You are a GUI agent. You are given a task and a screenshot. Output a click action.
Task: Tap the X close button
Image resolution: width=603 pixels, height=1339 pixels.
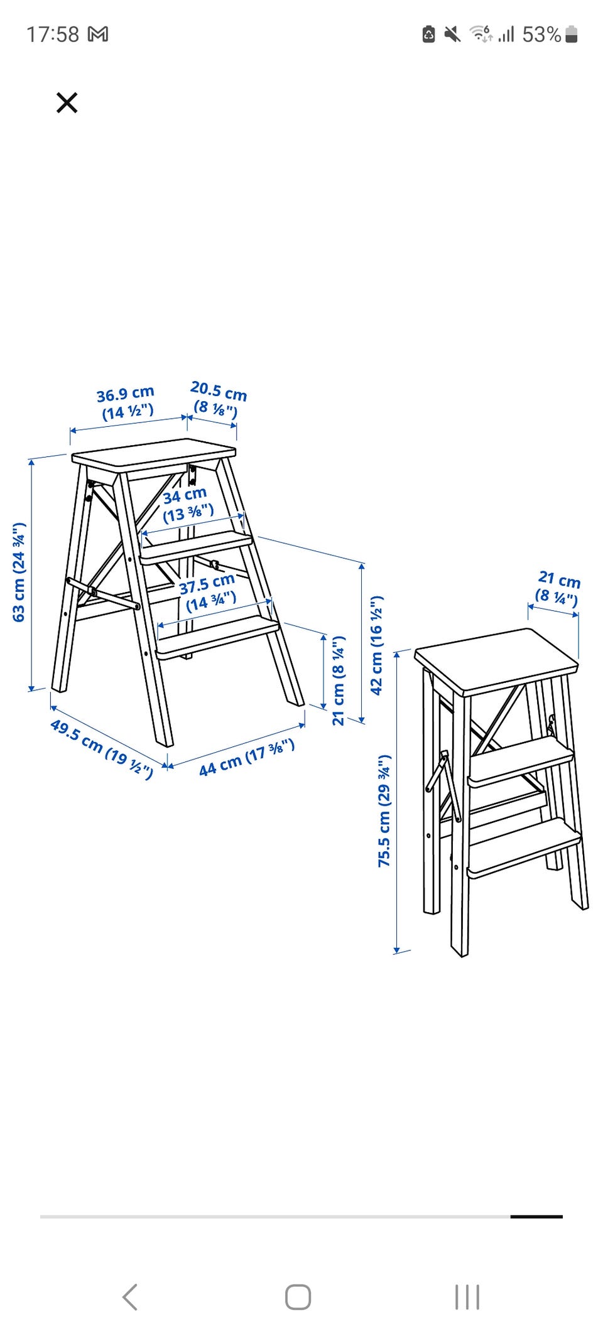click(x=67, y=102)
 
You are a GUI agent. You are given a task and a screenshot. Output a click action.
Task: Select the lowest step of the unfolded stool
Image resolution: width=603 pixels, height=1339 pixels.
click(x=217, y=636)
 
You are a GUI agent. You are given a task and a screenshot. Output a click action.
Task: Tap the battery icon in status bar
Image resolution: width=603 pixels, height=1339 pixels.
click(x=571, y=34)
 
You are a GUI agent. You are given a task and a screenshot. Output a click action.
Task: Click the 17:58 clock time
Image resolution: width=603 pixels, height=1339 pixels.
click(x=53, y=34)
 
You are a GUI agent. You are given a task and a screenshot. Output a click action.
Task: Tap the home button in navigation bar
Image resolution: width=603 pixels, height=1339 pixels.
click(x=298, y=1297)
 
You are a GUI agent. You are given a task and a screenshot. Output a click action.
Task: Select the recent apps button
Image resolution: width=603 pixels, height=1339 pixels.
click(x=467, y=1297)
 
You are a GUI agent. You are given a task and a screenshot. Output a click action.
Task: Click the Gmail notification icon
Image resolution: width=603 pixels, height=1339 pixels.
click(x=98, y=34)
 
